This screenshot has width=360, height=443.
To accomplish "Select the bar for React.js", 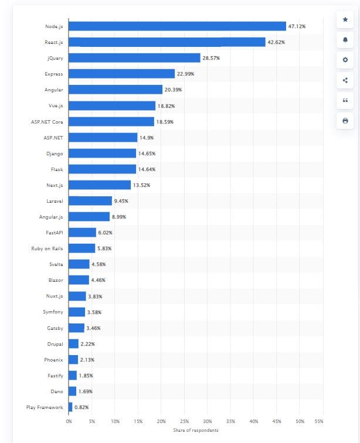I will pyautogui.click(x=167, y=42).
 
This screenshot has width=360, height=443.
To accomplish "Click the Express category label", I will pyautogui.click(x=54, y=74).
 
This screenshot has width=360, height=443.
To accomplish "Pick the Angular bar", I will pyautogui.click(x=116, y=90).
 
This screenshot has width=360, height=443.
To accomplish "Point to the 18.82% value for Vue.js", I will pyautogui.click(x=166, y=105).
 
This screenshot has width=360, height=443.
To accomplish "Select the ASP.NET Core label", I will pyautogui.click(x=47, y=121).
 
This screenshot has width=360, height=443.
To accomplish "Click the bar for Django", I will pyautogui.click(x=102, y=153).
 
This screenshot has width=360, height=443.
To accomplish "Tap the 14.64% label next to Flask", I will pyautogui.click(x=147, y=169).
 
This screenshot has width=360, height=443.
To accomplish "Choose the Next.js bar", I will pyautogui.click(x=100, y=185).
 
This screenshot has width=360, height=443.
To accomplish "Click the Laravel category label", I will pyautogui.click(x=55, y=200).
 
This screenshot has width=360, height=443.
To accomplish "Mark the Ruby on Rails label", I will pyautogui.click(x=47, y=248).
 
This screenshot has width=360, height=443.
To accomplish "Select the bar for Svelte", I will pyautogui.click(x=79, y=264).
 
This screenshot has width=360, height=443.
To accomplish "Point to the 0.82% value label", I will pyautogui.click(x=81, y=407).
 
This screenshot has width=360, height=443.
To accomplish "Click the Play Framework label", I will pyautogui.click(x=45, y=407).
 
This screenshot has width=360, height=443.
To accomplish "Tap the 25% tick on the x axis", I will pyautogui.click(x=184, y=421).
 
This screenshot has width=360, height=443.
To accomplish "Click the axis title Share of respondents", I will pyautogui.click(x=196, y=431).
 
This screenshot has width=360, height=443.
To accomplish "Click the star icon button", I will pyautogui.click(x=345, y=20).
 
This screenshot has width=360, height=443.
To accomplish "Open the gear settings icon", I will pyautogui.click(x=345, y=60).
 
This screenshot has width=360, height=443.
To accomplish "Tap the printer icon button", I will pyautogui.click(x=345, y=121).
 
